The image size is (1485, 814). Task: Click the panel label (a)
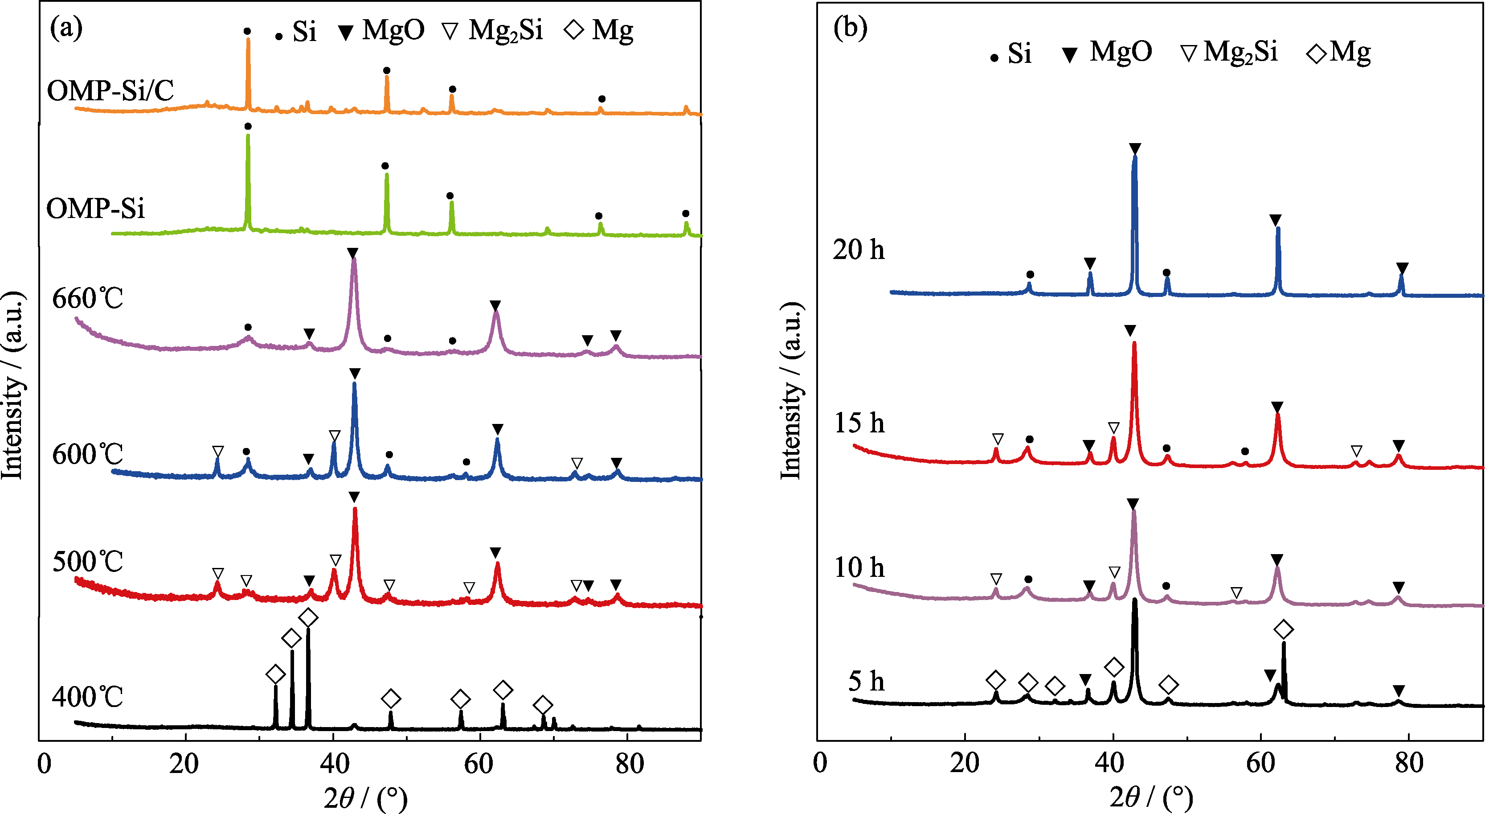[66, 28]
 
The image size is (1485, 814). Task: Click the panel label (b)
[850, 28]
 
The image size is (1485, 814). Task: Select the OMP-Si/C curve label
[110, 90]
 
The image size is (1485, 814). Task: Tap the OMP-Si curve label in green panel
[95, 208]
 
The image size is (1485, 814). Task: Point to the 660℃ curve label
[88, 299]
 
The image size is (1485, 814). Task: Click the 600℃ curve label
[88, 455]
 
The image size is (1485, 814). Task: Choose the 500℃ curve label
[88, 561]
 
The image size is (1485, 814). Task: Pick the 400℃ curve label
[88, 697]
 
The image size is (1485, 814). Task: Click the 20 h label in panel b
[859, 250]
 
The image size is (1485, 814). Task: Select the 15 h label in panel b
[859, 423]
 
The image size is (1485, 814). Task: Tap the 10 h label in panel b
[859, 567]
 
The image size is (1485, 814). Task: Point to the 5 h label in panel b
[866, 681]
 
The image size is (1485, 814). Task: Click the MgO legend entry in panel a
[381, 30]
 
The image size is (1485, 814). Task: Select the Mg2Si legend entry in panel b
[1228, 52]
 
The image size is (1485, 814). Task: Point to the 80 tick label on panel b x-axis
[1409, 764]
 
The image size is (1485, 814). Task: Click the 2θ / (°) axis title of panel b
[1151, 798]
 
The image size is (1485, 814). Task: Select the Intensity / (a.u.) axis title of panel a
[12, 385]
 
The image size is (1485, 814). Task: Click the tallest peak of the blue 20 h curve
[1134, 157]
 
